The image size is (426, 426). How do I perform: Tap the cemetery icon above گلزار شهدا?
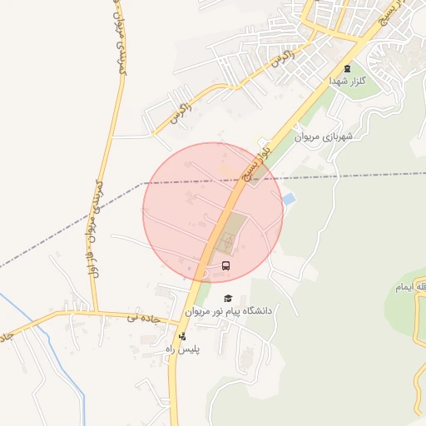(x=347, y=68)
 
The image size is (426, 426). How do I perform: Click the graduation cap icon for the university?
(x=227, y=297)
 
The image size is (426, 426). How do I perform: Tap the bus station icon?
(x=226, y=265)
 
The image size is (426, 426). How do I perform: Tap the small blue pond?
(x=288, y=200)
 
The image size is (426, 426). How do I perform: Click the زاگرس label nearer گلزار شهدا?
(x=281, y=60)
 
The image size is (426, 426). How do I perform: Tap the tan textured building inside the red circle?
(x=232, y=232)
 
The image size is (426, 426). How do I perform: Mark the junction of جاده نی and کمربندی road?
(x=97, y=314)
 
